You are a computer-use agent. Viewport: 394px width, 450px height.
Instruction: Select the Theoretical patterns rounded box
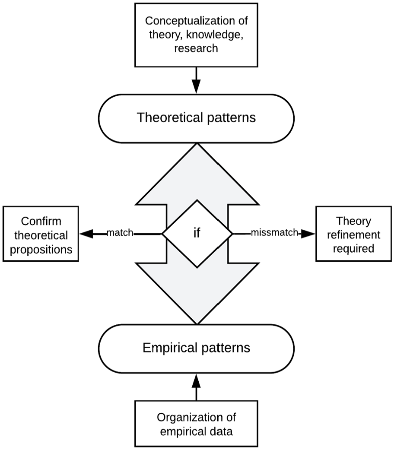coord(197,118)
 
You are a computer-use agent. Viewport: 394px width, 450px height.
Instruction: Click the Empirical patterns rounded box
coord(197,349)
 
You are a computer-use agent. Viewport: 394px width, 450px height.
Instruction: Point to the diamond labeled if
coord(197,234)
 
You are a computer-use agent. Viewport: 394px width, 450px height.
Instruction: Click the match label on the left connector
coord(120,232)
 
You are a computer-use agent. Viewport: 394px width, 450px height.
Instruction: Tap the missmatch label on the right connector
coord(274,232)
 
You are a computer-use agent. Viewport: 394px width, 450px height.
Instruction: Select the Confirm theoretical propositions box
coord(41,234)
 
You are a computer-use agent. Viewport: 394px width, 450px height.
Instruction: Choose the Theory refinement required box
coord(353,234)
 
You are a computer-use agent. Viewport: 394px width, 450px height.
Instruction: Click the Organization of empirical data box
coord(197,424)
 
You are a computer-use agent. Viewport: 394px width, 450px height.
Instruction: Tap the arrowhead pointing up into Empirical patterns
coord(197,381)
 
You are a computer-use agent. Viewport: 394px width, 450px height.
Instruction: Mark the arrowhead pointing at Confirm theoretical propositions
coord(86,234)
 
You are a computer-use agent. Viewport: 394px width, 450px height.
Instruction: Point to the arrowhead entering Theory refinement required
coord(308,234)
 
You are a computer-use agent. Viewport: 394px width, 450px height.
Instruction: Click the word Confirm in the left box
coord(41,221)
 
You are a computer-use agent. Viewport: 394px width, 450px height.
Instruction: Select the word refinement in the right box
coord(353,235)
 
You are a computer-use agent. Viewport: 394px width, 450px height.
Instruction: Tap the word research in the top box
coord(196,48)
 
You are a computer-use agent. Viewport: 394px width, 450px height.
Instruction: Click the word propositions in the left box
coord(41,250)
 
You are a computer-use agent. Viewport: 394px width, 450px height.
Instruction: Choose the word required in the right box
coord(353,248)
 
